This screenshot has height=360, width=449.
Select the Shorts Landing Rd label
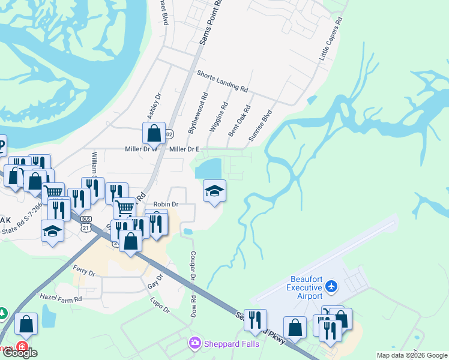tap(222, 81)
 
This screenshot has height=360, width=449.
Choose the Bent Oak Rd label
tap(238, 121)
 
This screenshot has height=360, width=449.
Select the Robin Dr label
tap(166, 205)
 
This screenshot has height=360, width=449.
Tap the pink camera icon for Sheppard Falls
tap(195, 344)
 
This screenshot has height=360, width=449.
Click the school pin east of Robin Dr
tap(214, 191)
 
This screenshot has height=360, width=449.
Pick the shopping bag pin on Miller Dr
tap(154, 134)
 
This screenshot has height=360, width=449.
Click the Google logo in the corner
tap(20, 353)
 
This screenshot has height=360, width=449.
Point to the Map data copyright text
tap(412, 355)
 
